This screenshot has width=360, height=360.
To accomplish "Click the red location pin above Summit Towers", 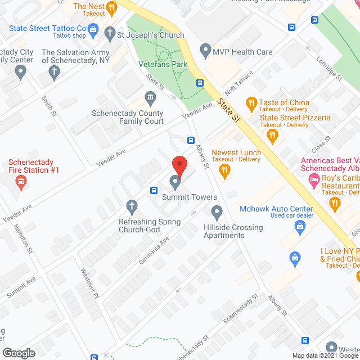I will [179, 165].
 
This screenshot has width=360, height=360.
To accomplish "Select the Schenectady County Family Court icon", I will [151, 100].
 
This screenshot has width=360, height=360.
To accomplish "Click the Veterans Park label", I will [163, 64].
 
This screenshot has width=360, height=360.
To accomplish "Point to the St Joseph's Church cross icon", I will [111, 35].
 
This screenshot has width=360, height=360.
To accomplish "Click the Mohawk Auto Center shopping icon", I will [300, 227].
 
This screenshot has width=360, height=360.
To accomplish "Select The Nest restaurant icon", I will [111, 8].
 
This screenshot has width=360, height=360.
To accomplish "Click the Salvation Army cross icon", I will [54, 71].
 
